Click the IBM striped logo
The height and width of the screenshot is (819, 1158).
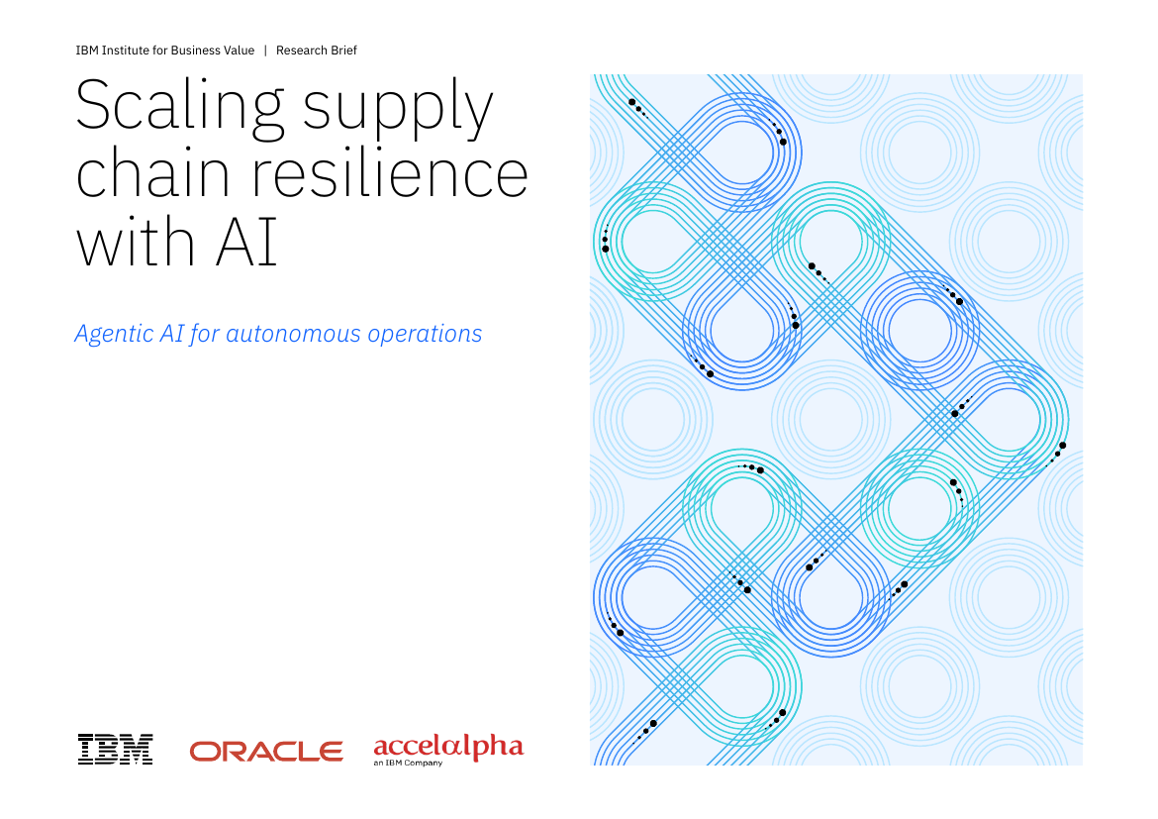pyautogui.click(x=115, y=750)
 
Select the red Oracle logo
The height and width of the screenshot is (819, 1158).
pyautogui.click(x=266, y=752)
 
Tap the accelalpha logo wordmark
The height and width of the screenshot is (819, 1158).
pyautogui.click(x=448, y=748)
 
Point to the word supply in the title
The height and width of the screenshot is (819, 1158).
pyautogui.click(x=398, y=109)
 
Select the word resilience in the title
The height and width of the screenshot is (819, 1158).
pyautogui.click(x=391, y=173)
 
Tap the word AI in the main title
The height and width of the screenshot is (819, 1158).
pyautogui.click(x=246, y=242)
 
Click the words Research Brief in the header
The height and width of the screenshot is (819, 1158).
pyautogui.click(x=316, y=51)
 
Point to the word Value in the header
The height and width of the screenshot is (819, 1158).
pyautogui.click(x=239, y=51)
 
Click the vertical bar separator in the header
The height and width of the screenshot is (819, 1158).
pyautogui.click(x=265, y=51)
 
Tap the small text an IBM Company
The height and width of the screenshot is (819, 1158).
pyautogui.click(x=408, y=763)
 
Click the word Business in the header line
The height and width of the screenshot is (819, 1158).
pyautogui.click(x=195, y=51)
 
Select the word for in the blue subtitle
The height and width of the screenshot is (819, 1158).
pyautogui.click(x=205, y=334)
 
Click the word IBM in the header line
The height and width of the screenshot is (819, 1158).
pyautogui.click(x=86, y=51)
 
